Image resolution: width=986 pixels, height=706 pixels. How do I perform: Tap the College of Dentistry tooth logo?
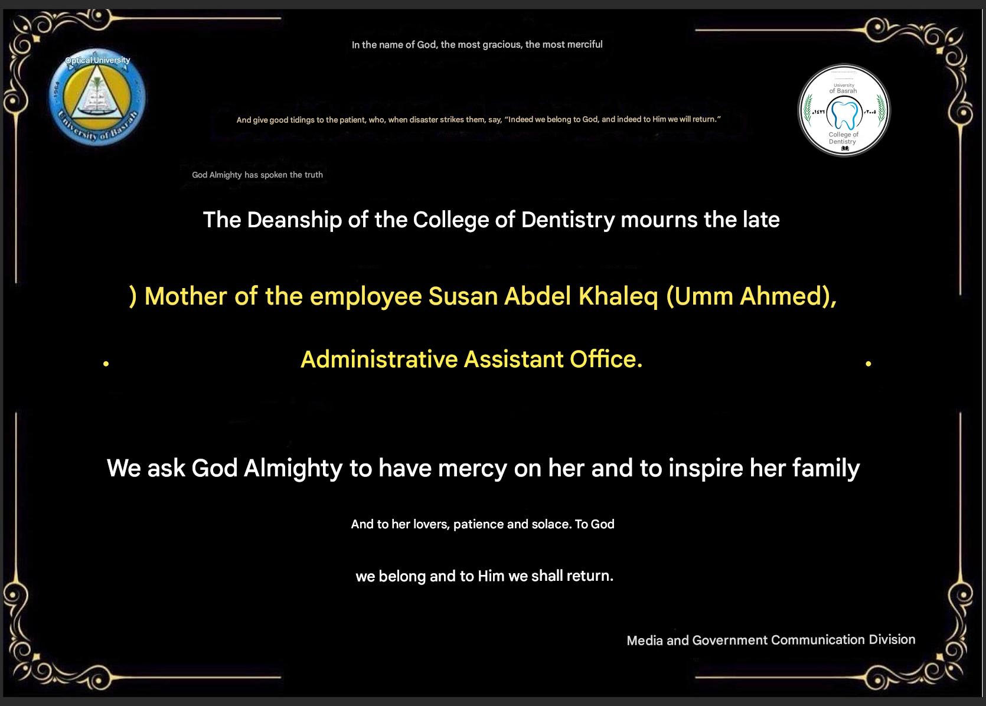[844, 110]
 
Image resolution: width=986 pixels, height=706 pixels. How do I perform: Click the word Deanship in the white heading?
[295, 220]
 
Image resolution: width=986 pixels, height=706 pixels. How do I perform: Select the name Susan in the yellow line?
[463, 296]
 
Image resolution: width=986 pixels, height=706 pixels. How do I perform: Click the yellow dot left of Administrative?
[106, 364]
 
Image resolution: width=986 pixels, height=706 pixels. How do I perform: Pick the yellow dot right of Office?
[869, 364]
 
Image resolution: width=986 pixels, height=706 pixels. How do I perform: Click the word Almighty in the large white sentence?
[293, 468]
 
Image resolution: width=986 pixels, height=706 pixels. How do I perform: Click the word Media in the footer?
[645, 640]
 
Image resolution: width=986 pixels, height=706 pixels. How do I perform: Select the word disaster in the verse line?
[423, 120]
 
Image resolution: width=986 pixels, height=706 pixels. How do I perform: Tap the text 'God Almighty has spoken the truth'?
[257, 175]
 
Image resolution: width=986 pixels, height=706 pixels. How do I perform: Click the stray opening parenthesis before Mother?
[133, 296]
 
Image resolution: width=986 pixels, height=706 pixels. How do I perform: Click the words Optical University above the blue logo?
[98, 60]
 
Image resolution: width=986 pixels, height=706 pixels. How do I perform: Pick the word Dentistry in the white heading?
[568, 220]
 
